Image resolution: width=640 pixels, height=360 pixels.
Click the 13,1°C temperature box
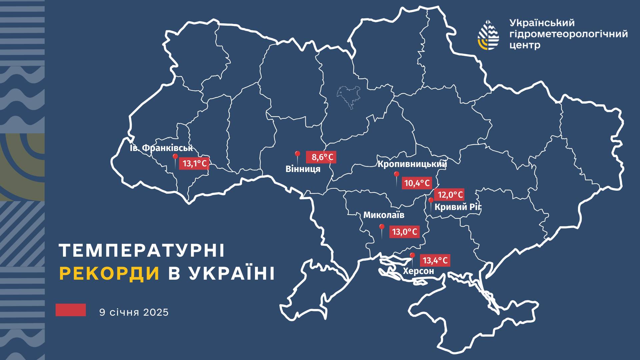point(194,163)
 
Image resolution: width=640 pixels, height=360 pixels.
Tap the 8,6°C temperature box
point(321,157)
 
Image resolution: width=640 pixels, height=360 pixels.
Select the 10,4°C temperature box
point(417,183)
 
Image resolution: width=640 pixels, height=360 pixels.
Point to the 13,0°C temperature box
point(404,232)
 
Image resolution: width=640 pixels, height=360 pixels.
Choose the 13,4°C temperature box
point(435,260)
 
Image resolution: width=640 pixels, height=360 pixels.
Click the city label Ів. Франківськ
point(161,148)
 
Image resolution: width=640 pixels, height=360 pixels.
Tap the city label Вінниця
point(303,169)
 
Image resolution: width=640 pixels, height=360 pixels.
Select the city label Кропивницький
point(412,164)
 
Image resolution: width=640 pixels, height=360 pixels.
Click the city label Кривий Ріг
point(458,207)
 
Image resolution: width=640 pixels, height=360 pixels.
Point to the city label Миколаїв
point(384,215)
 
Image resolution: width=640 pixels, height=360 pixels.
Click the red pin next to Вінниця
point(297,155)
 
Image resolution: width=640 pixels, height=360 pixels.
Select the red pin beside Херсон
point(412,256)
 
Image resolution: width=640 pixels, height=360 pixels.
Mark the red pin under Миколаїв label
point(382,228)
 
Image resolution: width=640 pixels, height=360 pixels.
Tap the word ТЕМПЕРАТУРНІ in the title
point(142,250)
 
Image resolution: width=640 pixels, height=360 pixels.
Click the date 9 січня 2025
point(134,313)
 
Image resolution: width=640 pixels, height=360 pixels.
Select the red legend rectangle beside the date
point(71,310)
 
